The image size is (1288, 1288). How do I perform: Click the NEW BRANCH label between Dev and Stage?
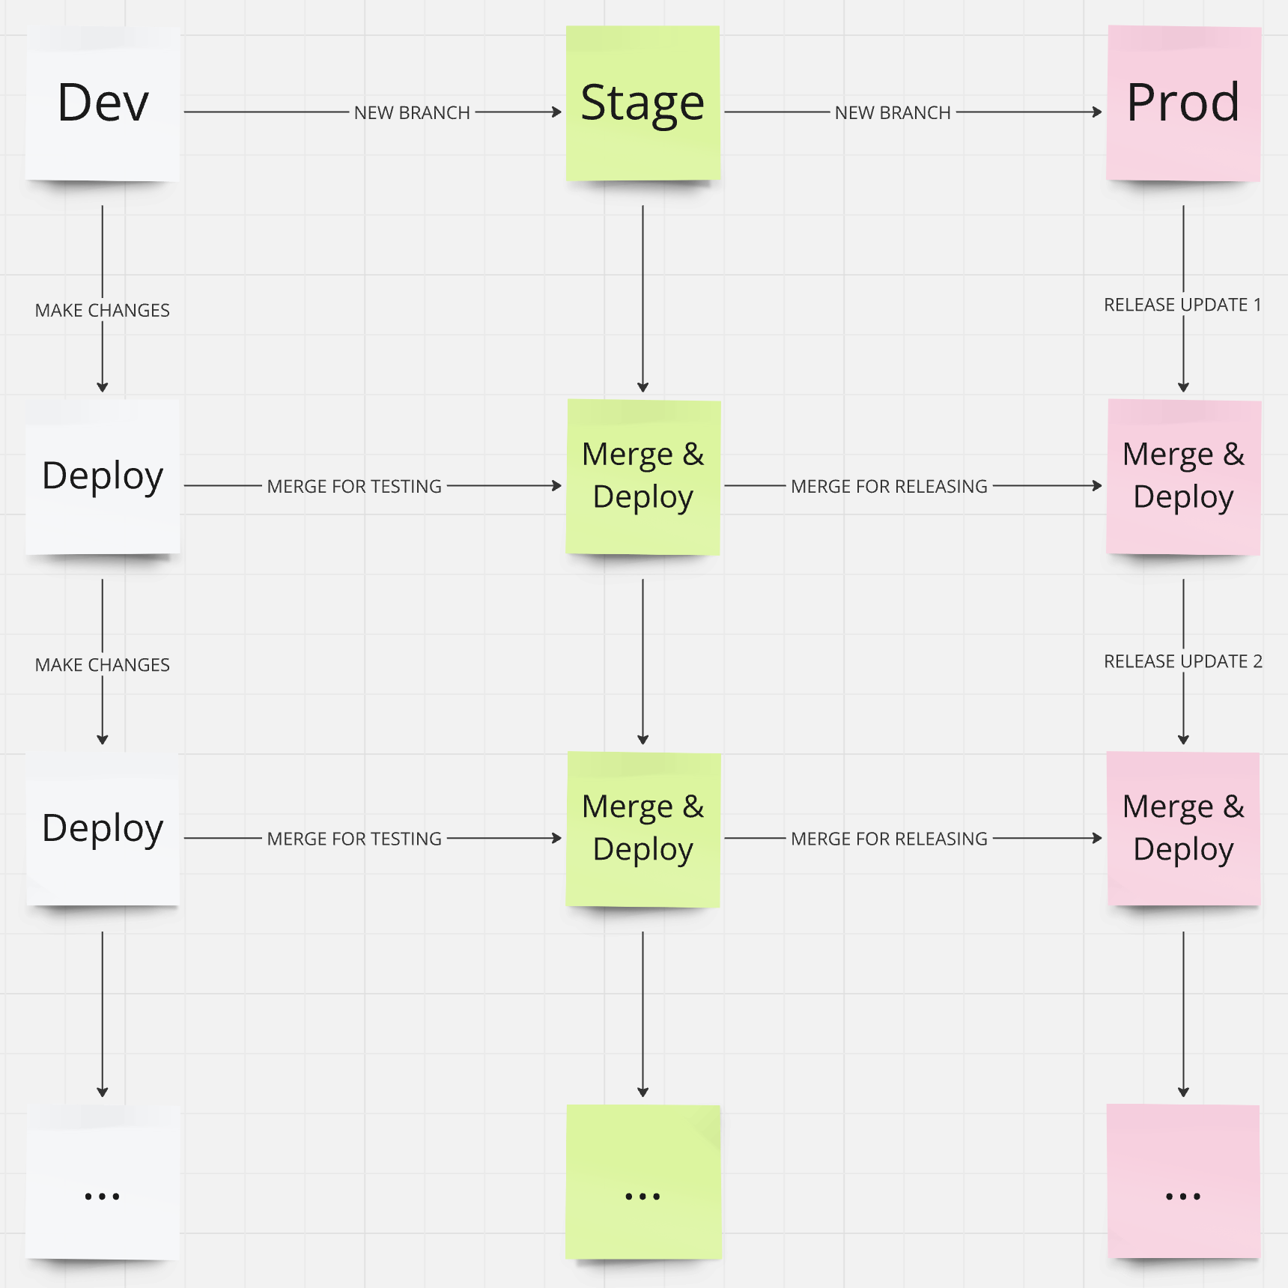coord(412,112)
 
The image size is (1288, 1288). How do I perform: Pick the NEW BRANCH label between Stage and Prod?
coord(893,112)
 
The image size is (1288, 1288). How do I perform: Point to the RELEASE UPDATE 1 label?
coord(1182,305)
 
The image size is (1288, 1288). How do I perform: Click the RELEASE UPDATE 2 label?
coord(1182,661)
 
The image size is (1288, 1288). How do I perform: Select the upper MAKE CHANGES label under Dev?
coord(103,310)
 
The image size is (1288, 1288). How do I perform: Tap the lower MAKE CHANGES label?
coord(103,665)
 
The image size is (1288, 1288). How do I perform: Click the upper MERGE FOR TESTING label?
coord(354,486)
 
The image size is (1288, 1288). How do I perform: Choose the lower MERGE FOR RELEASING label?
coord(889,839)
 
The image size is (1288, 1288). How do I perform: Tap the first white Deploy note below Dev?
coord(103,476)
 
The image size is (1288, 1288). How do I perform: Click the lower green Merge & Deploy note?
coord(643,829)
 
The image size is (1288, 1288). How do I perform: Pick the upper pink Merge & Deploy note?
coord(1183,476)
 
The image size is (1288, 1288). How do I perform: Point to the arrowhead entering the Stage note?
coord(557,112)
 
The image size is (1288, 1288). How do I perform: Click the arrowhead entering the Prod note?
coord(1098,112)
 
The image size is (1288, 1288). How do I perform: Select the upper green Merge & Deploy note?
coord(643,476)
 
